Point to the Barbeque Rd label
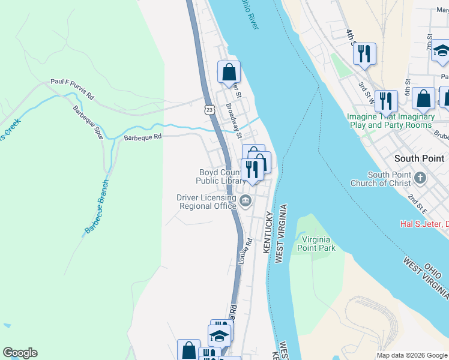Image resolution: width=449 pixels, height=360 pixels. tap(143, 137)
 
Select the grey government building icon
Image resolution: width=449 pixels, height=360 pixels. tap(245, 201)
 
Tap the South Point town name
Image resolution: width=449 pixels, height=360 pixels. tap(419, 158)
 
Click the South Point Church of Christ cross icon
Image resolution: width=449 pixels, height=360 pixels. tap(420, 178)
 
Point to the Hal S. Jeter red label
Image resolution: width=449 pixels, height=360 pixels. tap(424, 224)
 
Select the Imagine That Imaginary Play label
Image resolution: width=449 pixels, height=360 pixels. tap(390, 121)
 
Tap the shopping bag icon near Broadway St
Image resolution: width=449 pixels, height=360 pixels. tap(229, 73)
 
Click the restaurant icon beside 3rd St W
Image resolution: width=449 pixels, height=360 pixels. tap(364, 55)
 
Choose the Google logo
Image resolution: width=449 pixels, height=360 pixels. tap(20, 353)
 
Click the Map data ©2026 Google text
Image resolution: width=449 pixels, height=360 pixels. tap(411, 355)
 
